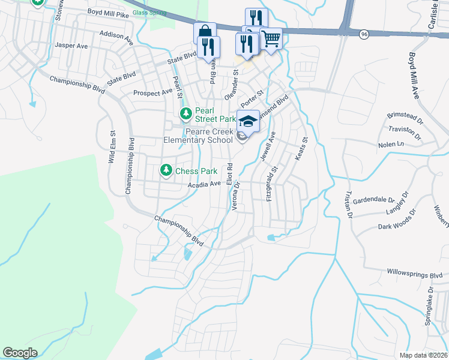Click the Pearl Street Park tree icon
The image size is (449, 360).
tap(186, 113)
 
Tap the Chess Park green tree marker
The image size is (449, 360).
tap(166, 171)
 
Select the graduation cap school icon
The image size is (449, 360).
tap(248, 121)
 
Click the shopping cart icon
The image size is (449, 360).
tap(271, 39)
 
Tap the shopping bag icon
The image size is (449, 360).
tap(204, 32)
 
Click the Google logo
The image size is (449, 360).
tap(20, 353)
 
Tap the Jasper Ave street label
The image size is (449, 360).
tap(71, 45)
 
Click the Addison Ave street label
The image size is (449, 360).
tap(116, 36)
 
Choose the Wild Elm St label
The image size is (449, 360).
tap(112, 149)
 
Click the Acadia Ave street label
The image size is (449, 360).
tap(204, 184)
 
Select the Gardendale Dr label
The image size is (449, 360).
tap(373, 200)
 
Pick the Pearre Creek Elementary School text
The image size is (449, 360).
tap(199, 136)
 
